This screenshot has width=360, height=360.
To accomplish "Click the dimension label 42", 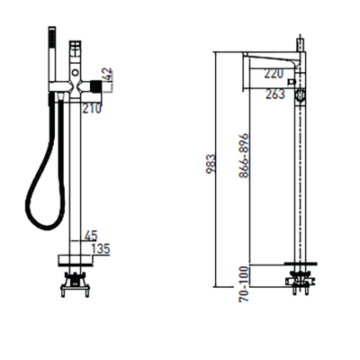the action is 109,75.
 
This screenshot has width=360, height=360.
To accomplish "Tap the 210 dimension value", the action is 93,109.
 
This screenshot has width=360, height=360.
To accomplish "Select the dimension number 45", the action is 91,236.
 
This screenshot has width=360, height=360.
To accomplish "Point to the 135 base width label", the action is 101,248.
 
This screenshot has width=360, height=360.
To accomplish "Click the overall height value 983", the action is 211,164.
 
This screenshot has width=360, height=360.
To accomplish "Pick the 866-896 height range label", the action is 245,156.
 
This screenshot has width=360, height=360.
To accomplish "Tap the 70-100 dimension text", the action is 245,284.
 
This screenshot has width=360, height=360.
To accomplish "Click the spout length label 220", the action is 274,74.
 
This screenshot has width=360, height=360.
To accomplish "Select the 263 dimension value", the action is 274,94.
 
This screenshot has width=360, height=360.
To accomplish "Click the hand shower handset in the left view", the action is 52,56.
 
